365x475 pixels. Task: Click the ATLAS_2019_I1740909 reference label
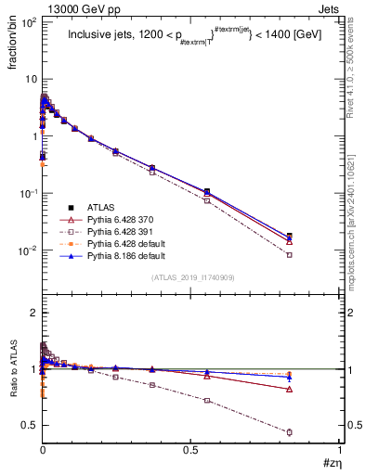(191, 277)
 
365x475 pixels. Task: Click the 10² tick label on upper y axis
(27, 20)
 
